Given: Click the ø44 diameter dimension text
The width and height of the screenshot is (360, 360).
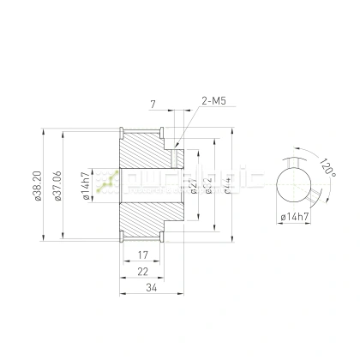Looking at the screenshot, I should (225, 185).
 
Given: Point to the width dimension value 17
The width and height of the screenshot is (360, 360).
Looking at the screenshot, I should (143, 255).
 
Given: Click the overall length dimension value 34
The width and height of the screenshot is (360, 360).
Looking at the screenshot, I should (152, 288).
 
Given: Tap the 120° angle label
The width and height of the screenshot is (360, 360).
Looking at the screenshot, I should (325, 166).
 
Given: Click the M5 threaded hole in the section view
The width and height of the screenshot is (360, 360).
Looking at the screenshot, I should (176, 155).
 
